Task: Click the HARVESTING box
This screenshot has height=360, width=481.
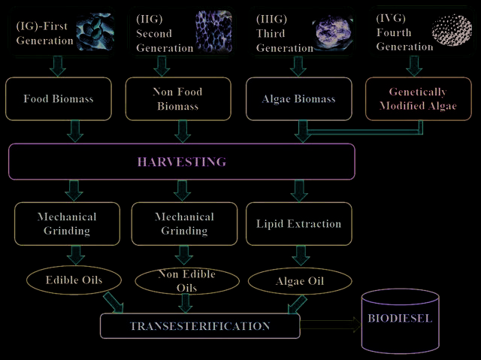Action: pos(182,162)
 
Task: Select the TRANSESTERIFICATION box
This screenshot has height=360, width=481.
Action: pos(200,325)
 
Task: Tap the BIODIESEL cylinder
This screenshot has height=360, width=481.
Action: pos(401,320)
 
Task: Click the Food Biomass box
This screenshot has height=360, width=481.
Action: pos(59,98)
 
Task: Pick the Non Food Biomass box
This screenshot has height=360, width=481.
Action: pos(178,98)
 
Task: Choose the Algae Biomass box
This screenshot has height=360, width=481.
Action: pos(299,98)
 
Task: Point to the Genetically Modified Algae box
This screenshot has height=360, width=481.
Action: pos(418,98)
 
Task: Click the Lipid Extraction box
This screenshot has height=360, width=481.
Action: pos(299,223)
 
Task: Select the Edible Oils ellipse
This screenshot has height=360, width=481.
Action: pos(74,280)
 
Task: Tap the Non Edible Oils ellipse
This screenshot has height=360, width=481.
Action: pos(187,281)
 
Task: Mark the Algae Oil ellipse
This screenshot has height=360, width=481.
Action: pos(300,281)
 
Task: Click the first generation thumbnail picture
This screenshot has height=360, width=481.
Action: pos(95,32)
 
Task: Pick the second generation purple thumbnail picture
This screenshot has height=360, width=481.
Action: pos(213,32)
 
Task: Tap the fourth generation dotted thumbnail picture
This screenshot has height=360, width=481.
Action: pos(452,30)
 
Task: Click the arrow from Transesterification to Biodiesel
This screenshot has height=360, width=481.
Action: pos(331,325)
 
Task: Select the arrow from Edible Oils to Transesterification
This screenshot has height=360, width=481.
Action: pos(113,302)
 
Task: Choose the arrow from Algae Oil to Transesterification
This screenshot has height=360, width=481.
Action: pos(297,304)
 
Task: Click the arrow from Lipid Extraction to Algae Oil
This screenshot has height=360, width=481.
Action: pos(301,256)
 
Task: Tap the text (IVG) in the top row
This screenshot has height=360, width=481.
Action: pos(391,18)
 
